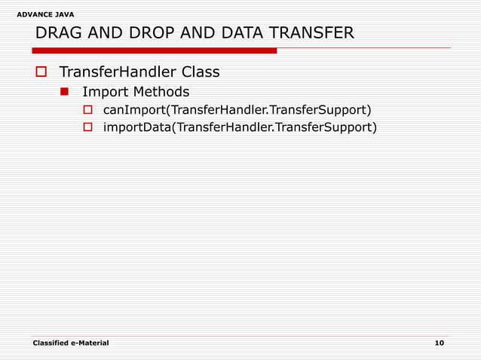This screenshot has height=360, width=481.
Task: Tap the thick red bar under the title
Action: pos(155,50)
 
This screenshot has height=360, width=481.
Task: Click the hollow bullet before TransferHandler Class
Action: pos(41,73)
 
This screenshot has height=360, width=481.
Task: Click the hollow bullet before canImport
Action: pos(87,110)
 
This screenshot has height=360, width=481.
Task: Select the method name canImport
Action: pos(134,109)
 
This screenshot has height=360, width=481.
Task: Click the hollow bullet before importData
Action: pos(87,127)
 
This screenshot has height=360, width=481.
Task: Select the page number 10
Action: pos(440,343)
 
